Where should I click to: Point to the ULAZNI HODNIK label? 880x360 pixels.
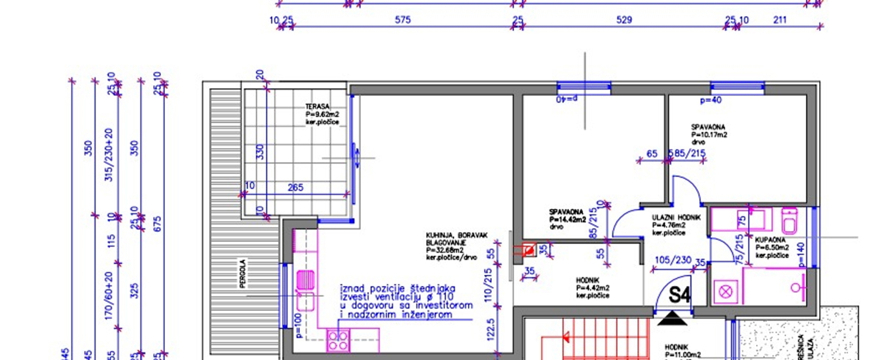point(676,218)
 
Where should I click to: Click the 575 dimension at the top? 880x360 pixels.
point(403,20)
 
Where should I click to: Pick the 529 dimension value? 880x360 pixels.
point(623,20)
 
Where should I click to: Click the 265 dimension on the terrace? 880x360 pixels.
point(295,188)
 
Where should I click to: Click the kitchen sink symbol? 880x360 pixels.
point(306,279)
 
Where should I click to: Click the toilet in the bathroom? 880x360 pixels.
point(789,220)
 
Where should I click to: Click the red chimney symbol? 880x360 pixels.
point(527,249)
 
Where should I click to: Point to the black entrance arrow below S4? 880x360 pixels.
point(672,318)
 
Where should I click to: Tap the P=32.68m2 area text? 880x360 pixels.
point(447,249)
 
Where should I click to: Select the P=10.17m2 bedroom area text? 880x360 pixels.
point(708,135)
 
